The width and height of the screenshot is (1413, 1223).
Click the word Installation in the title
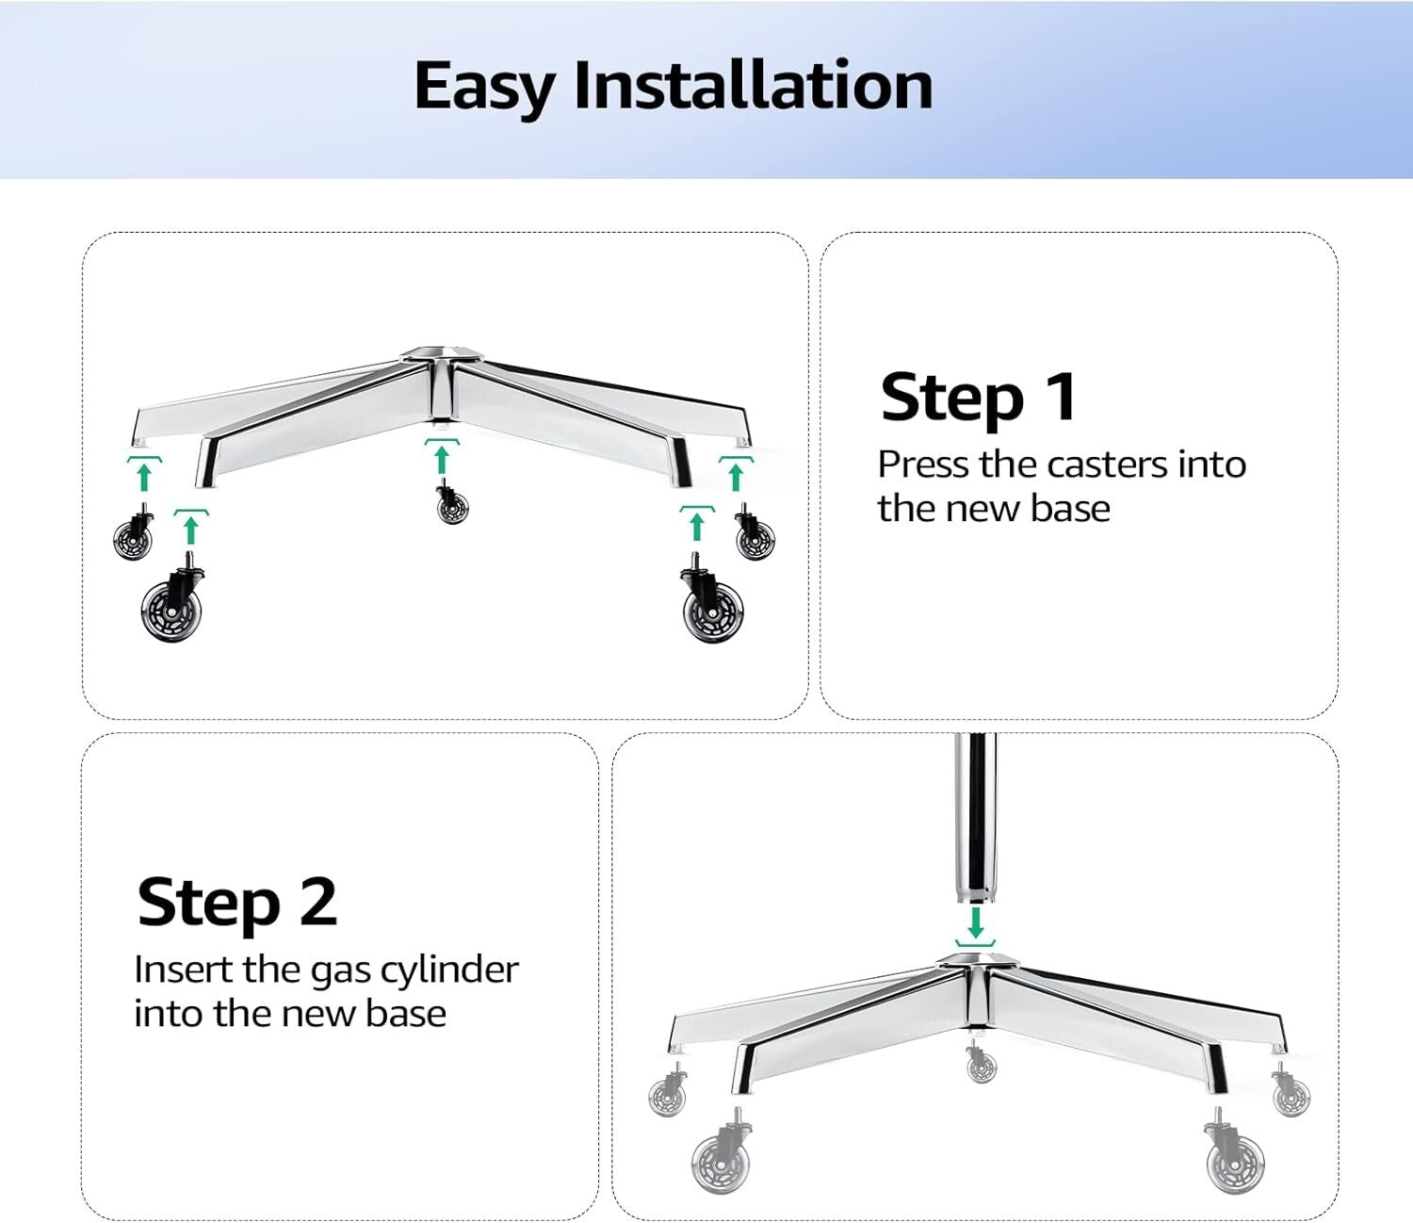click(753, 86)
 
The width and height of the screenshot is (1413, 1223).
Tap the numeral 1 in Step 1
click(1062, 397)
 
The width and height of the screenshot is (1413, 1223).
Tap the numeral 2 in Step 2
click(318, 902)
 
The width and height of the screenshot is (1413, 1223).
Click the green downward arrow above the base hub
click(976, 922)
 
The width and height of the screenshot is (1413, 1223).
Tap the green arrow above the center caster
click(442, 459)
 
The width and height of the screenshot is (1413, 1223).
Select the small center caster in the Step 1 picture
click(452, 506)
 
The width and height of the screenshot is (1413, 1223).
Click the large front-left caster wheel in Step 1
click(171, 610)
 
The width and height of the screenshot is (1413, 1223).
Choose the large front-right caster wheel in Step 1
click(713, 610)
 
